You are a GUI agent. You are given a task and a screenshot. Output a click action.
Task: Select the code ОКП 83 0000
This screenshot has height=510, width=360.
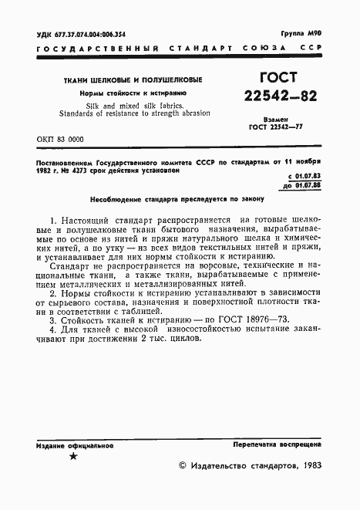tap(60, 140)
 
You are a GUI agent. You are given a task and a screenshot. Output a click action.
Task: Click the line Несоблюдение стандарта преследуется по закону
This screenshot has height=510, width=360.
tap(164, 198)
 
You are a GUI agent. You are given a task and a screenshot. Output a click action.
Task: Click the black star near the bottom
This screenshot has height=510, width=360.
tap(74, 457)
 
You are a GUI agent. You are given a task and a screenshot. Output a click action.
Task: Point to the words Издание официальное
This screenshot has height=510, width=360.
tap(74, 446)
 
